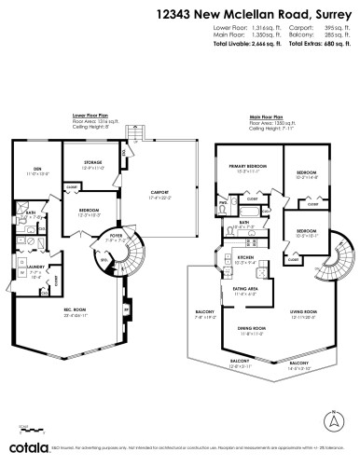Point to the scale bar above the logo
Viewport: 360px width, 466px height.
[27, 433]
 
